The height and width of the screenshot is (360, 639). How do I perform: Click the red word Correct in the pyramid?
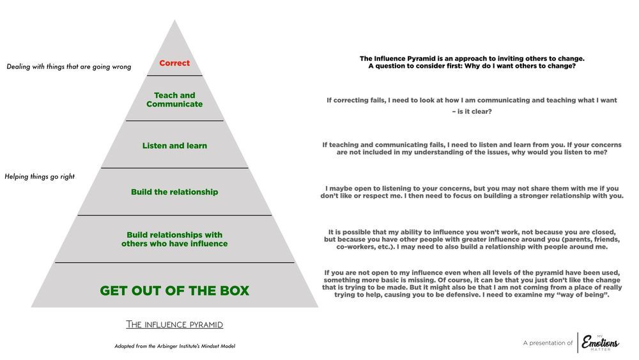click(x=174, y=63)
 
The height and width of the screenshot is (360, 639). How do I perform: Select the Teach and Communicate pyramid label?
click(x=174, y=100)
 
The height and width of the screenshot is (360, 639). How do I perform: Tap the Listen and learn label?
click(x=174, y=146)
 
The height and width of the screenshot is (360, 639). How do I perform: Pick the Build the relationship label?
click(x=174, y=192)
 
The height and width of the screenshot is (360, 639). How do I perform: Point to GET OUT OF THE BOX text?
click(x=174, y=290)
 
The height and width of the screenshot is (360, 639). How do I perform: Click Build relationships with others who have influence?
click(x=174, y=239)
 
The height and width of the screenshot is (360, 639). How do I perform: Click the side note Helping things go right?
click(x=40, y=176)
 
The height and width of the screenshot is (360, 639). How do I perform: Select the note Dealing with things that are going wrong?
click(x=69, y=67)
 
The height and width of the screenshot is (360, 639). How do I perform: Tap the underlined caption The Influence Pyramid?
click(x=174, y=325)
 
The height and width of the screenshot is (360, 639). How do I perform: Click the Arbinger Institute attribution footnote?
click(x=174, y=346)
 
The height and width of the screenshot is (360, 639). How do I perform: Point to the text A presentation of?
click(x=548, y=343)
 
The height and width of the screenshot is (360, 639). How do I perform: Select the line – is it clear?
click(x=472, y=111)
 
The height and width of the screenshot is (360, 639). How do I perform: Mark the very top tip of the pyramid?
click(x=174, y=20)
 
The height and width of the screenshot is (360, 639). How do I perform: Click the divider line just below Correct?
click(x=174, y=75)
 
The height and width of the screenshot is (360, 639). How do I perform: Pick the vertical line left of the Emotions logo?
click(x=578, y=343)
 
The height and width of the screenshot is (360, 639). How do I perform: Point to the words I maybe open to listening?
click(x=366, y=189)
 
